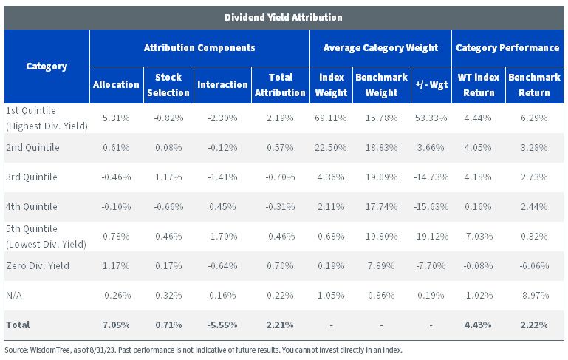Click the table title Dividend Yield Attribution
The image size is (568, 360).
coord(284,18)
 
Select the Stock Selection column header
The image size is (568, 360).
coord(168,85)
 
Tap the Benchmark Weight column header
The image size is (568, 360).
coord(381,85)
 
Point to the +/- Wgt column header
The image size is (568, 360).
coord(431,85)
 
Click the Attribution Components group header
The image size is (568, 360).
coord(199,48)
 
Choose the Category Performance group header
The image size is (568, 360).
coord(507,48)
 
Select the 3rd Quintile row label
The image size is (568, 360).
coord(32,177)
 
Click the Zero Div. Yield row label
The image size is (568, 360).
coord(38,265)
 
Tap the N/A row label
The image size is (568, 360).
coord(14,296)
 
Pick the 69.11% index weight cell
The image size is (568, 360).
coord(331,118)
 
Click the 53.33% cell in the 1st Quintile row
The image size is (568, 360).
coord(431,118)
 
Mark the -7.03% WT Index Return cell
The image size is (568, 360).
coord(478,237)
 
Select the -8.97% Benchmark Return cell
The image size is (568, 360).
coord(534,296)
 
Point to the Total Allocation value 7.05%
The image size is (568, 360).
coord(116,325)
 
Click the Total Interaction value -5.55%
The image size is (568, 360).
coord(222,325)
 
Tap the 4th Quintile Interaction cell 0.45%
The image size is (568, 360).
coord(222,207)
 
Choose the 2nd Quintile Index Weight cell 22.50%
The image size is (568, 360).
coord(331,148)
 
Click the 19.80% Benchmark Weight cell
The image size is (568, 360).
coord(381,237)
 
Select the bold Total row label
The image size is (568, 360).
coord(18,325)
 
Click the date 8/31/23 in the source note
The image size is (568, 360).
coord(103,350)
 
